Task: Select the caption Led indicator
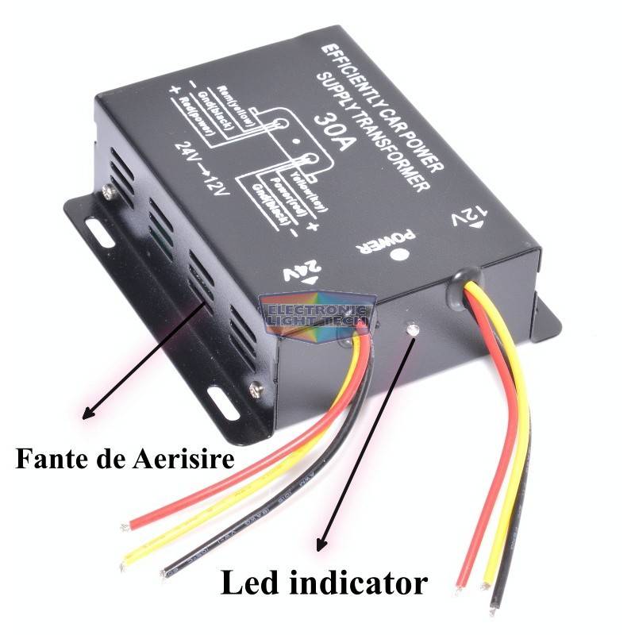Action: (322, 583)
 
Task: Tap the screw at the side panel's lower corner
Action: (256, 387)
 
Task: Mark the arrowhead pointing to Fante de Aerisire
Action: (87, 414)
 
